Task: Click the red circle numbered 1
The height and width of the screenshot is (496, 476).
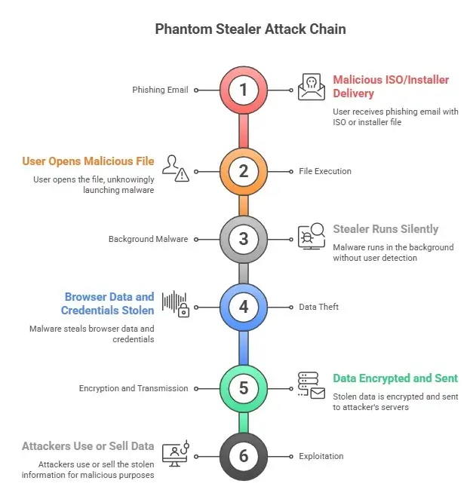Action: (243, 90)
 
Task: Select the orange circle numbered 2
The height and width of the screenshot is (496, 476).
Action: (243, 171)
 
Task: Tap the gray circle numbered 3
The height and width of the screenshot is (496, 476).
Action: (243, 239)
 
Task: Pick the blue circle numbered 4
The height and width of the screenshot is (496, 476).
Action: (243, 307)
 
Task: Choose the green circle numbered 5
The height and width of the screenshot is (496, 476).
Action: (243, 388)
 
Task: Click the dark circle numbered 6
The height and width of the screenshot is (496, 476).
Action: (243, 456)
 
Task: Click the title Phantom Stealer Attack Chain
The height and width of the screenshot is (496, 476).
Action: (238, 29)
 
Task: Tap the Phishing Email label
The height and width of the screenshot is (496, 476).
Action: (160, 90)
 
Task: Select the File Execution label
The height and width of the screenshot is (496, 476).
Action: (324, 171)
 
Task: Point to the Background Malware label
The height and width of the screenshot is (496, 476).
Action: (149, 239)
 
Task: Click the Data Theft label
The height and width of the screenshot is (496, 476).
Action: (318, 307)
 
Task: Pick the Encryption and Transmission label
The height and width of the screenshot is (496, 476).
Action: (134, 388)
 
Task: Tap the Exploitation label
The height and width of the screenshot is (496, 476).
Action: (321, 456)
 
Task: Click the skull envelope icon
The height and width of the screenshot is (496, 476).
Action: (311, 87)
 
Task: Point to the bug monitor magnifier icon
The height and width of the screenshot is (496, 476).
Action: (311, 236)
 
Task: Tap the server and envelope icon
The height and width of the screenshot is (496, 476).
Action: (311, 385)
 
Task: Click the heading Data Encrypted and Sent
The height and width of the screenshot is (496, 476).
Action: (395, 378)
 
